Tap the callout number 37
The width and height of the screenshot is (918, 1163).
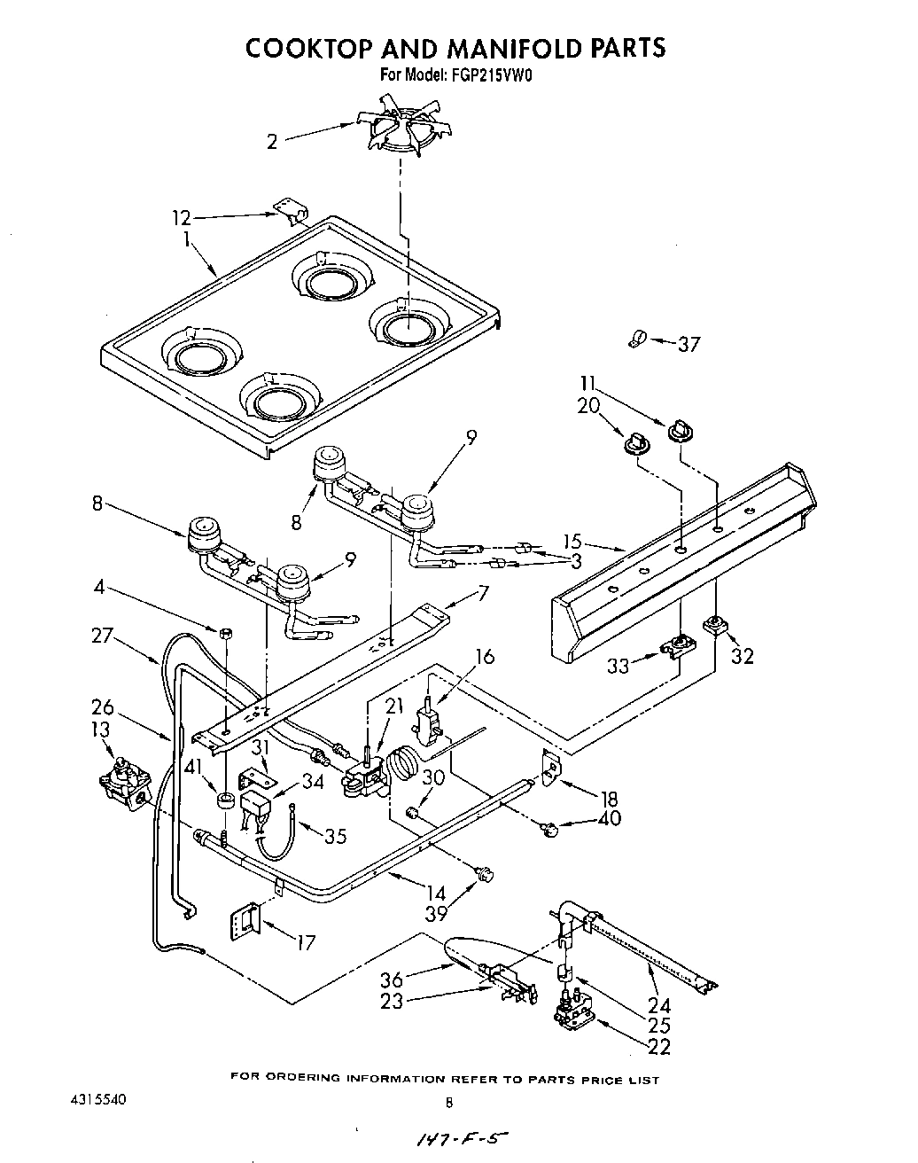pos(688,344)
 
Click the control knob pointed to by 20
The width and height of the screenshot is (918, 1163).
pos(635,441)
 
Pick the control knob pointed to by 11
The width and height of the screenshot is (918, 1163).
pos(679,429)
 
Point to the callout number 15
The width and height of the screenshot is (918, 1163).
pos(573,541)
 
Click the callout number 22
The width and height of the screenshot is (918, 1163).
pos(658,1048)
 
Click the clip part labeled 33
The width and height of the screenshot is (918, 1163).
pos(678,647)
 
